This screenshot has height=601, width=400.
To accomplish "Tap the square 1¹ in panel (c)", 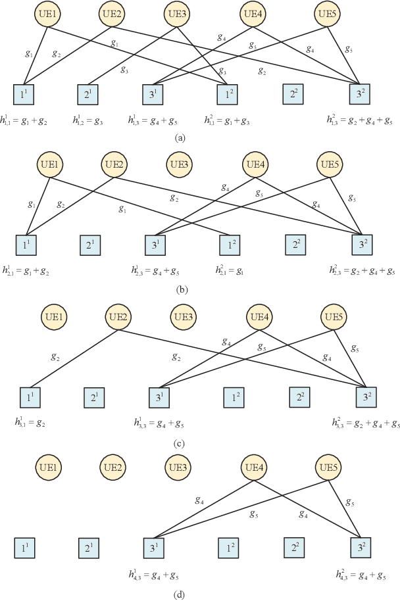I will coord(28,398).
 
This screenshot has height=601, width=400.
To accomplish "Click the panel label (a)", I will coord(179,137).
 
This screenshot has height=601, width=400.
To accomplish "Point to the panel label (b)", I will coord(179,289).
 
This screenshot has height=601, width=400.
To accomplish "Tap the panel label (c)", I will coord(179,443).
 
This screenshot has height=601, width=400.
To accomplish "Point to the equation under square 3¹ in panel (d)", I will coord(155,575).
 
